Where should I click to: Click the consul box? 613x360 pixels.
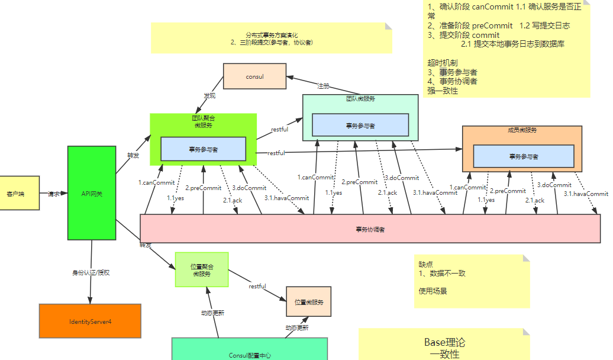[254, 76]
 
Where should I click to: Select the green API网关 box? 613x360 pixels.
[92, 194]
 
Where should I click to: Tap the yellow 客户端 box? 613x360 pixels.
[19, 193]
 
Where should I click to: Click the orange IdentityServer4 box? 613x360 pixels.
[90, 321]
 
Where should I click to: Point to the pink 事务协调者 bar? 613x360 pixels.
[370, 229]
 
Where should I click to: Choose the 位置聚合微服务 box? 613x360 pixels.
[201, 270]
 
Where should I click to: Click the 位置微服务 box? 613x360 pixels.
[308, 302]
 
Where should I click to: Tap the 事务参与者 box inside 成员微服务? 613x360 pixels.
[524, 156]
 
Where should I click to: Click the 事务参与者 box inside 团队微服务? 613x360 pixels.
[360, 125]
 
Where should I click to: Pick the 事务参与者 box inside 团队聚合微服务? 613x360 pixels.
[203, 149]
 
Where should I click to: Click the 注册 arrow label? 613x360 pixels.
[323, 86]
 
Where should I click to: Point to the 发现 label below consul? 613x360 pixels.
[209, 95]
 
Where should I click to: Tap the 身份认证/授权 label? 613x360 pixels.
[91, 273]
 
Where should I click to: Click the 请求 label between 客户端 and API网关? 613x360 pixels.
[53, 194]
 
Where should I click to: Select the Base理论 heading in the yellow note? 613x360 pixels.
[444, 342]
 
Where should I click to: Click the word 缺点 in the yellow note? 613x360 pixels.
[426, 264]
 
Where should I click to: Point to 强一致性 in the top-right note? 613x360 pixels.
[442, 91]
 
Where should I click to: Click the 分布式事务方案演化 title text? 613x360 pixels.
[272, 36]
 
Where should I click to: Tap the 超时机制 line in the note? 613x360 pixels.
[442, 62]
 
